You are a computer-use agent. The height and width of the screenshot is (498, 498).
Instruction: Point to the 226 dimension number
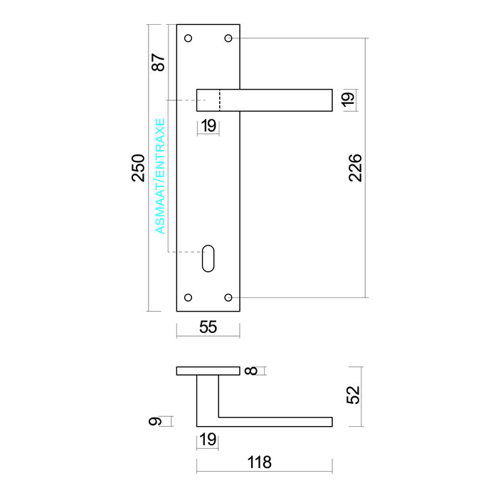pos(356,167)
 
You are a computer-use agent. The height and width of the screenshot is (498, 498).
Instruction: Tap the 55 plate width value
pos(208,327)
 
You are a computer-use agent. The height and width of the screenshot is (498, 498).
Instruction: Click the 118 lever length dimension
pos(260,462)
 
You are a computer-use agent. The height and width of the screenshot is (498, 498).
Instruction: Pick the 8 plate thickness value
pos(250,371)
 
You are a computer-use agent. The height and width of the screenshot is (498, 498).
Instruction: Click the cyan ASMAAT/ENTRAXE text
pos(160,176)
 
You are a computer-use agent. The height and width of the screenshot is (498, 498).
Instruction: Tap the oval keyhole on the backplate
pos(208,258)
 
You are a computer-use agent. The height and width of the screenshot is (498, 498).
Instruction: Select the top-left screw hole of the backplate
pos(189,38)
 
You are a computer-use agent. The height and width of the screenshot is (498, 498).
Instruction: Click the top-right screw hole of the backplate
pos(228,38)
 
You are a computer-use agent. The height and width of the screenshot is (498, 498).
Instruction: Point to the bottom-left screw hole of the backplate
pos(189,297)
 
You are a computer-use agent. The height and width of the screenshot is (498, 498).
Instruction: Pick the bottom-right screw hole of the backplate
pos(228,297)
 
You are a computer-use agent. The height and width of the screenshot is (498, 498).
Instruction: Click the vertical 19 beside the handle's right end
pos(347,100)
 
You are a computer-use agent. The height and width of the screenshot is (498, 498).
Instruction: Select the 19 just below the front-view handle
pos(208,127)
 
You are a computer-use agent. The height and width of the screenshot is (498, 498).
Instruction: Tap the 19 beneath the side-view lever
pos(208,440)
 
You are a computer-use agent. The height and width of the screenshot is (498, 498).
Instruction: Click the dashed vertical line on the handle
pos(219,100)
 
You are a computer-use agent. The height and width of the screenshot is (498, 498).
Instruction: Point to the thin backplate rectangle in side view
pos(208,371)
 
